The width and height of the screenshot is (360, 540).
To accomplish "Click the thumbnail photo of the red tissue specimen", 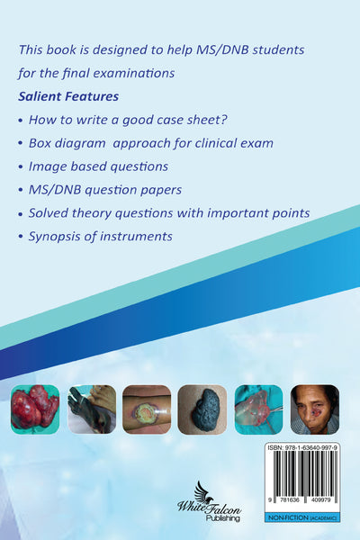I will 35,409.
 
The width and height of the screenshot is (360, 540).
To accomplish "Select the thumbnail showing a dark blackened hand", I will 92,409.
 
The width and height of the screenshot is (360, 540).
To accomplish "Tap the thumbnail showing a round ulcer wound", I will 148,409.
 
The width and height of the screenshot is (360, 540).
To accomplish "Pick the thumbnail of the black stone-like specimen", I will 202,409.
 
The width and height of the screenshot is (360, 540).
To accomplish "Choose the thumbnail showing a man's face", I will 314,409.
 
